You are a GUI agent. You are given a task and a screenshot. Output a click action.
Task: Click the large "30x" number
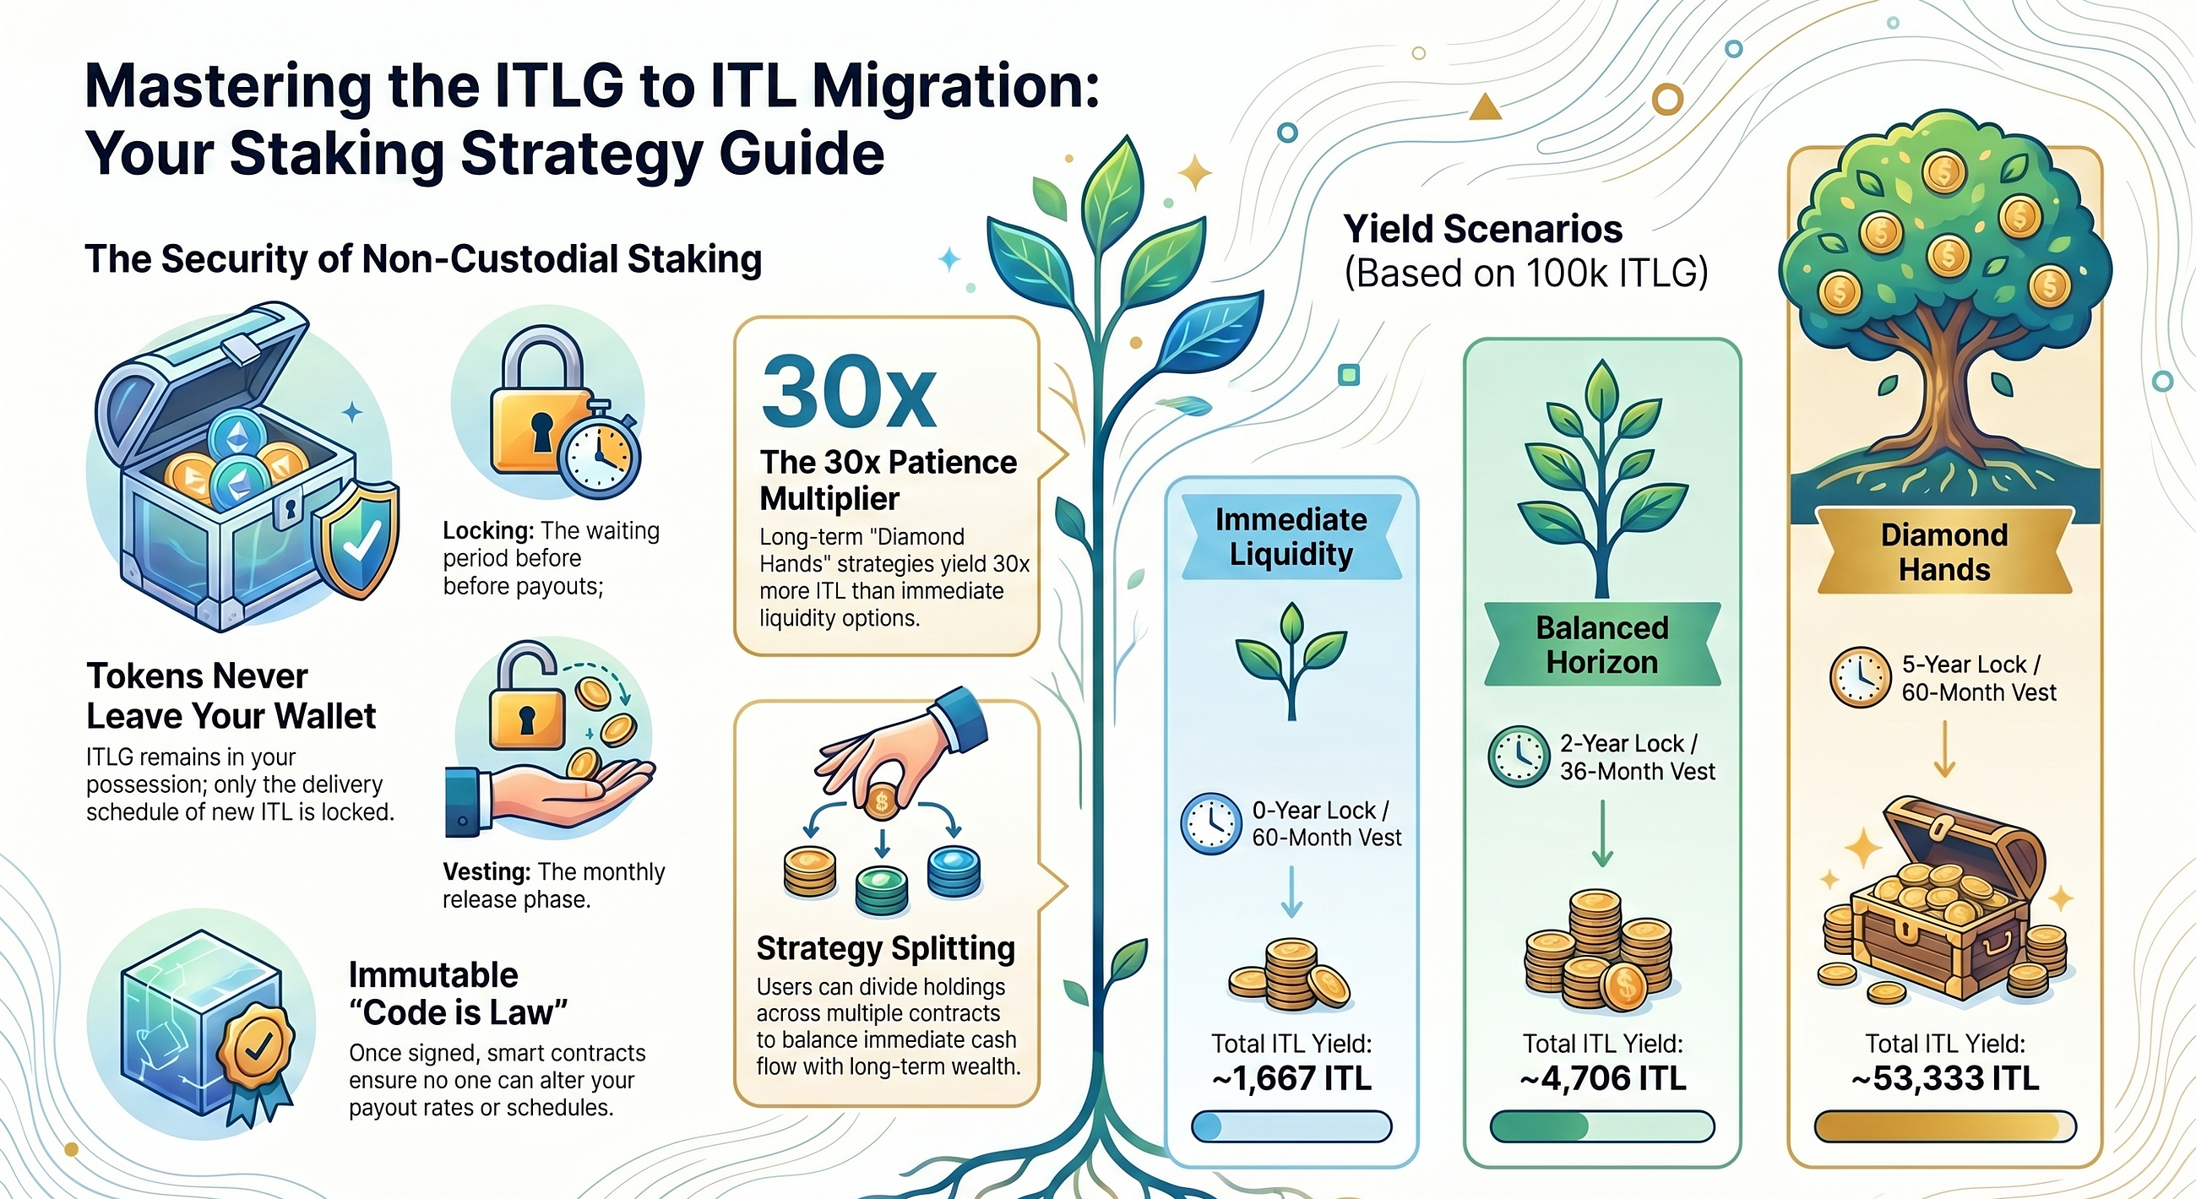pos(849,393)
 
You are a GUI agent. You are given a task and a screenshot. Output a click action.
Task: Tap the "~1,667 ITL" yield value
pos(1291,1079)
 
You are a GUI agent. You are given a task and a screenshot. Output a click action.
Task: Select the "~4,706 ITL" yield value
pos(1603,1079)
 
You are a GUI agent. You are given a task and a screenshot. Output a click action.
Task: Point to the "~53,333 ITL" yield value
pos(1945,1079)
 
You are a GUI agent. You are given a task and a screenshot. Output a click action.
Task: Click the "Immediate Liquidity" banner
pos(1291,537)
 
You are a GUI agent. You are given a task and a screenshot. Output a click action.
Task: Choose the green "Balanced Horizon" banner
pos(1603,645)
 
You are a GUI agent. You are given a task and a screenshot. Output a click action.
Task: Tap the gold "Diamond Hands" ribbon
pos(1944,552)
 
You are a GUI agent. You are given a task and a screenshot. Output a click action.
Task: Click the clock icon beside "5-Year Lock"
pos(1860,677)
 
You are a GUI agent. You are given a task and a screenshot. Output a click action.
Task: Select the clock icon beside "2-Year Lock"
pos(1519,756)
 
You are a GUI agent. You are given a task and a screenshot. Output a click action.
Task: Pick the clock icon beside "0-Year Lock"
pos(1210,824)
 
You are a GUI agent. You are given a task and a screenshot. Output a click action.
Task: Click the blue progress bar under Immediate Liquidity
pos(1291,1126)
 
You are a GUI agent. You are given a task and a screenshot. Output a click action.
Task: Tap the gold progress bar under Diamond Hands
pos(1945,1126)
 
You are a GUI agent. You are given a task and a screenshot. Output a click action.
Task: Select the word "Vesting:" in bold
pos(486,871)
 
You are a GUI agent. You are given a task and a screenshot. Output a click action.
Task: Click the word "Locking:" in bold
pos(488,531)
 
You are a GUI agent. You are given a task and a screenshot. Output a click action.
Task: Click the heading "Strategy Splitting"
pos(886,947)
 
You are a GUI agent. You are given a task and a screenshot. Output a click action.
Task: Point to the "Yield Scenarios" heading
pos(1483,229)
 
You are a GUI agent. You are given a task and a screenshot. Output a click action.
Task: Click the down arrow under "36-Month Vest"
pos(1603,833)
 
